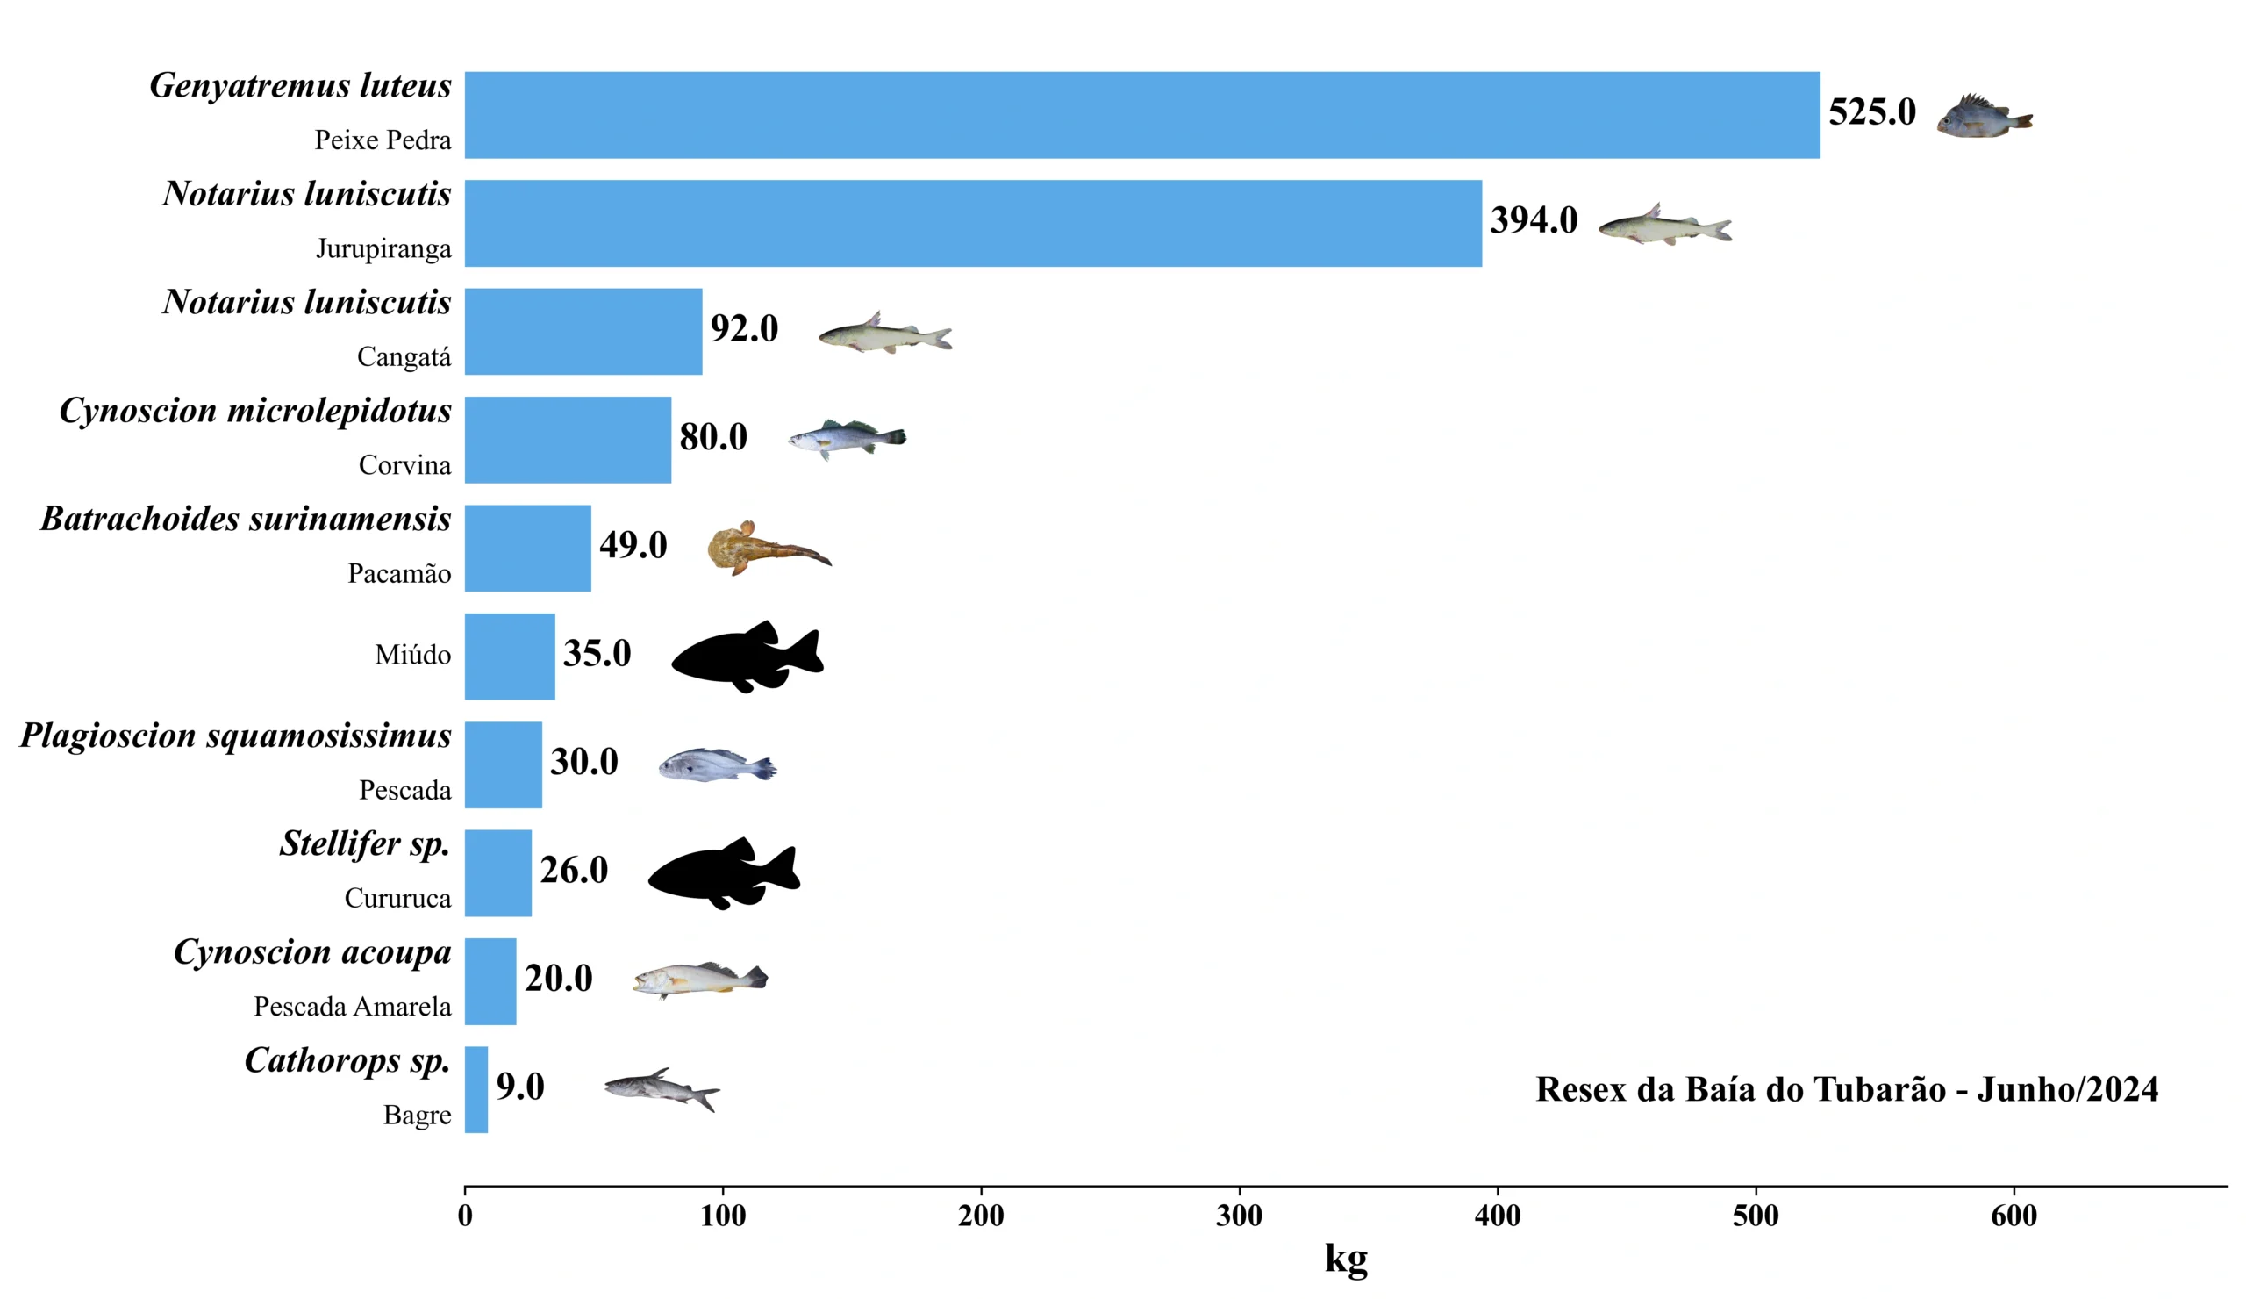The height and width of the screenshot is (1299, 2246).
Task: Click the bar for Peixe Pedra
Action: click(x=1141, y=115)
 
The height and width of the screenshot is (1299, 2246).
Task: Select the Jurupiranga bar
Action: click(x=971, y=223)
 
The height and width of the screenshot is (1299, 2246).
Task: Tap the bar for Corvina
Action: click(x=568, y=440)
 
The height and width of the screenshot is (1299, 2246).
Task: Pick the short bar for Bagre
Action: click(x=476, y=1088)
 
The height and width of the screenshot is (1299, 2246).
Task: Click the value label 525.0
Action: click(x=1871, y=112)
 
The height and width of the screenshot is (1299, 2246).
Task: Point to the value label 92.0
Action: click(x=744, y=329)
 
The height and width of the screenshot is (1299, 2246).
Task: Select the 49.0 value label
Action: click(x=633, y=545)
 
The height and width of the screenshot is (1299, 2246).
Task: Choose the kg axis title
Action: click(x=1346, y=1258)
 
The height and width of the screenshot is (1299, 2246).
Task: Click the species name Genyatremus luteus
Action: click(x=300, y=86)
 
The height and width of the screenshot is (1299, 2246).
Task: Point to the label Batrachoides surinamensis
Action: click(x=246, y=519)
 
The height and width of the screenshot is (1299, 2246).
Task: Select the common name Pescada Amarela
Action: click(x=352, y=1007)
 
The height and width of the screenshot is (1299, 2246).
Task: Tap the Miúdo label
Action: click(x=412, y=656)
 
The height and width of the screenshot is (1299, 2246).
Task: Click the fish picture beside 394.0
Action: click(x=1664, y=225)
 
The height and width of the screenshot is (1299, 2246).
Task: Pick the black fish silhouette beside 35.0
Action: click(x=747, y=657)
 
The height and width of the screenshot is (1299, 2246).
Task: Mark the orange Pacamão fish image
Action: click(x=768, y=548)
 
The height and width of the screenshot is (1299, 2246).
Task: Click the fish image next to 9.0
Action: click(x=662, y=1088)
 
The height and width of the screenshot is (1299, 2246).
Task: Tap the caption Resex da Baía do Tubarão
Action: click(x=1847, y=1089)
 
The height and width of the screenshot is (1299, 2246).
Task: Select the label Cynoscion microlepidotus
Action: click(x=256, y=411)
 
